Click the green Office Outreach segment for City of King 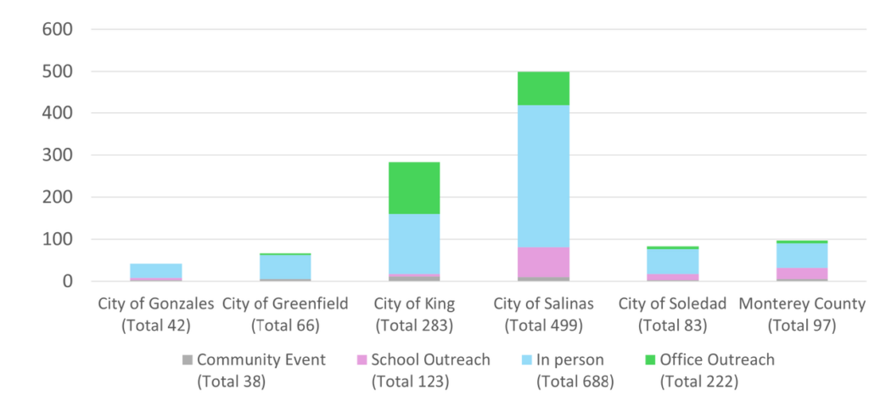click(x=415, y=188)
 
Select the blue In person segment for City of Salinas click(x=544, y=176)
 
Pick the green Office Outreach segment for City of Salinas click(x=544, y=88)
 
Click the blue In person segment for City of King click(x=415, y=244)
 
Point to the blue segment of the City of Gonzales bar click(x=156, y=270)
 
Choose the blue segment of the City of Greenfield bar click(x=285, y=267)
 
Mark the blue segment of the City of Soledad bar click(x=673, y=261)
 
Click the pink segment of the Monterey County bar click(x=802, y=274)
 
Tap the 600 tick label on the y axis click(x=57, y=30)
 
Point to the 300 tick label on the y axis click(x=57, y=156)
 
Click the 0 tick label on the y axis click(x=67, y=281)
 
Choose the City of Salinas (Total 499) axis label click(x=544, y=314)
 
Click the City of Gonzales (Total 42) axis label click(x=156, y=314)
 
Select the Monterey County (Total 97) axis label click(x=802, y=314)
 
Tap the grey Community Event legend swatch click(x=188, y=360)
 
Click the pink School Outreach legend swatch click(x=362, y=360)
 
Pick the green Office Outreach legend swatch click(x=652, y=360)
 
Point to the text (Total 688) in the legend click(x=575, y=382)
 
